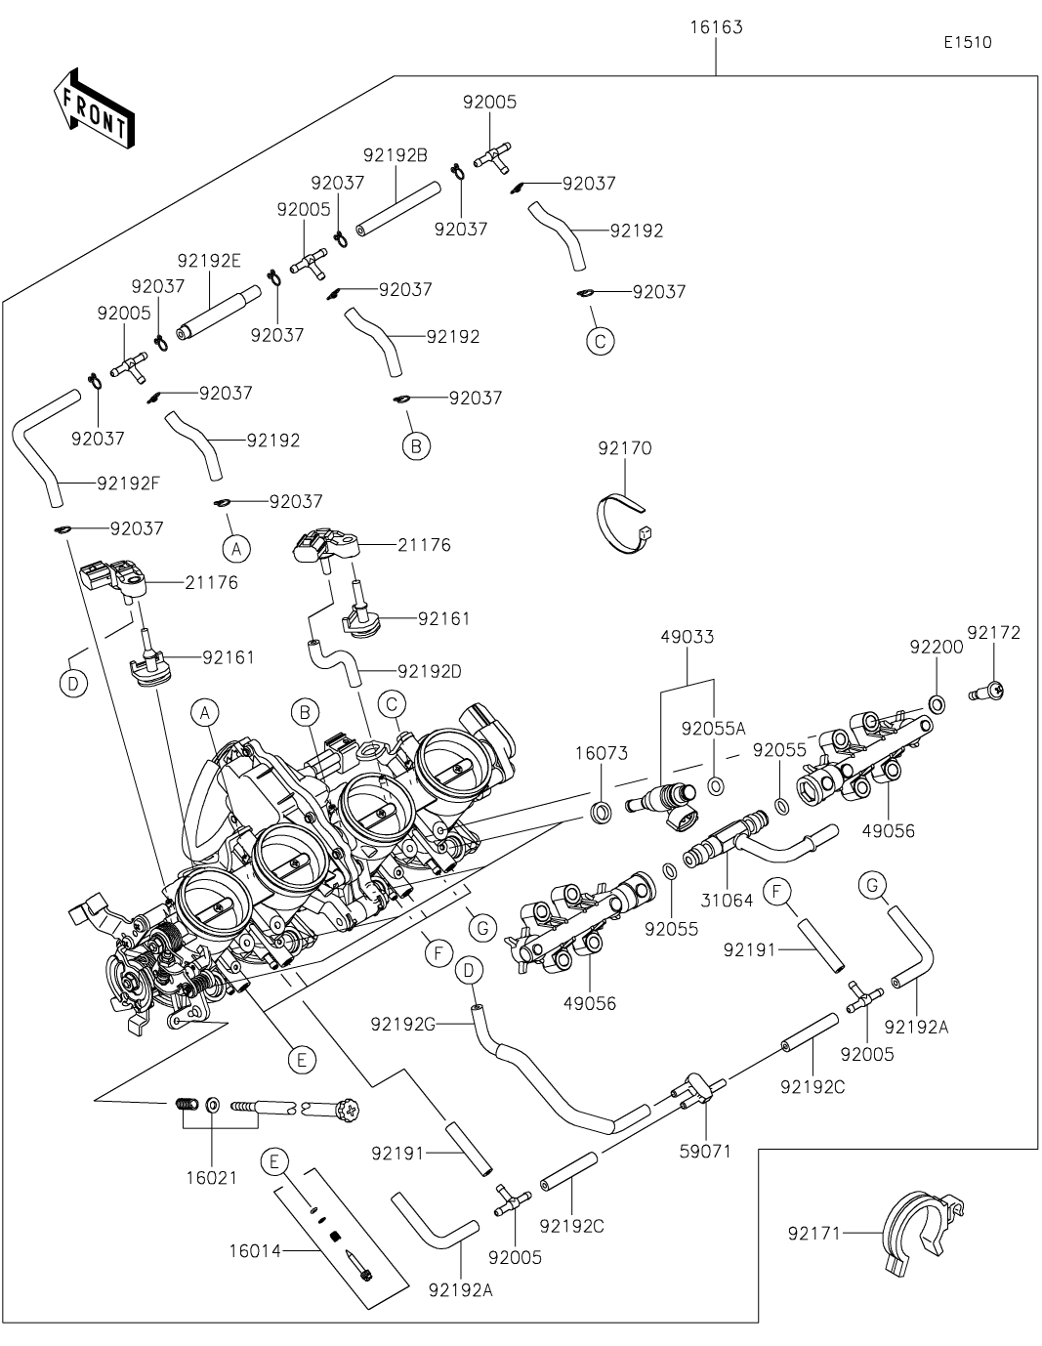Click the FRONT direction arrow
94,108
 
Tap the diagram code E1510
967,43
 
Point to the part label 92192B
395,154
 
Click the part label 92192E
209,261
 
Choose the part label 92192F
129,482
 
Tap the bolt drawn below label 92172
988,692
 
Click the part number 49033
687,637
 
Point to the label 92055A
714,728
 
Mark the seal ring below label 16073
601,811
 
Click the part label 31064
728,901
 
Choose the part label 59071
705,1151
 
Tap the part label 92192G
403,1024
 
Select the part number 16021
212,1177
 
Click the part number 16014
256,1249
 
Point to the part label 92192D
430,671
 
